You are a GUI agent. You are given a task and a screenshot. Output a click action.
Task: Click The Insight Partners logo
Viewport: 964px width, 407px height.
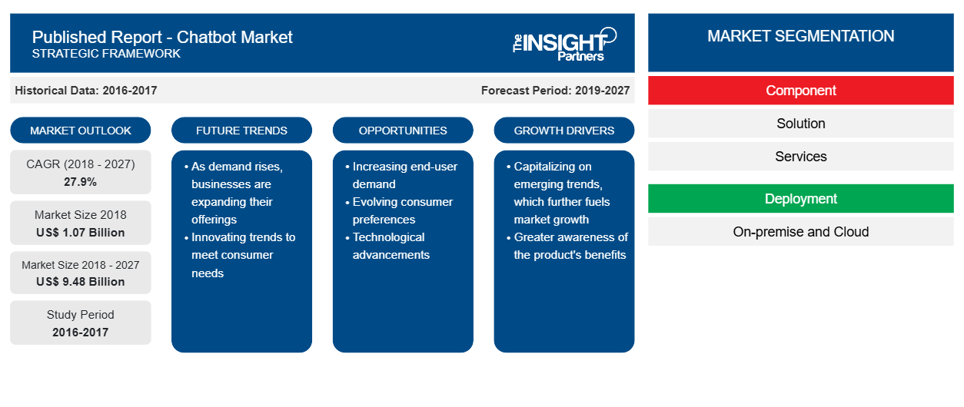pos(564,44)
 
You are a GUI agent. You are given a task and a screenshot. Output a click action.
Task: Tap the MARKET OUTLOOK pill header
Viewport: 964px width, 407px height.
pos(81,131)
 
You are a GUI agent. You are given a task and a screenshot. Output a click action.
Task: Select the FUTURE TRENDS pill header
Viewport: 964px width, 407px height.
pos(241,131)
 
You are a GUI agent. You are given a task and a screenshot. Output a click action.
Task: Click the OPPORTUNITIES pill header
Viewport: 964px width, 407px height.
pos(403,131)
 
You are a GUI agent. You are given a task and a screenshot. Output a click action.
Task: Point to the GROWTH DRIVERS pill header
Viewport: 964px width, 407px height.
pos(563,131)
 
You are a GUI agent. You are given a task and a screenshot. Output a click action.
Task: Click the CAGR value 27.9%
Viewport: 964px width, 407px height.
pos(81,182)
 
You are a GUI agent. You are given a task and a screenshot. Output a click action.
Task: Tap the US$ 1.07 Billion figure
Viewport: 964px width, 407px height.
pos(81,233)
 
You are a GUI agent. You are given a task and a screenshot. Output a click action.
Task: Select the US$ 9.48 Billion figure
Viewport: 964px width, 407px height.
pos(81,282)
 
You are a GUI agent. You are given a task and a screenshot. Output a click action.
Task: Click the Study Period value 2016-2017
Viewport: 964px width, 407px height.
pos(81,333)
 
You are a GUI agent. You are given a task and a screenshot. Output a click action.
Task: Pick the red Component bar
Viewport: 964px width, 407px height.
pos(800,91)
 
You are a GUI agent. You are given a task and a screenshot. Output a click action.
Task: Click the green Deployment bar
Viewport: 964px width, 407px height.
pos(800,199)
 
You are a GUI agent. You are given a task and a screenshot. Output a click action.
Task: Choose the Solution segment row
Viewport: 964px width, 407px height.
pos(800,124)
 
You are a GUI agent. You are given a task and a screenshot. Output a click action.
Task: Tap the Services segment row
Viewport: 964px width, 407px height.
pos(800,157)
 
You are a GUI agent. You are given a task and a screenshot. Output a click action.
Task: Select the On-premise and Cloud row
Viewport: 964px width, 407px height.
pos(800,232)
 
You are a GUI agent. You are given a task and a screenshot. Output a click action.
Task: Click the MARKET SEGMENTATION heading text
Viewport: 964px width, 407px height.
pos(800,36)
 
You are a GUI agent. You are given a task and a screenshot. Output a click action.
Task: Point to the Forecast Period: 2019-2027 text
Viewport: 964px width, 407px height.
pos(555,91)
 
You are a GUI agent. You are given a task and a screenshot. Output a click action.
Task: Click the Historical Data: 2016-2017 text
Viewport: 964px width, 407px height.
pos(86,91)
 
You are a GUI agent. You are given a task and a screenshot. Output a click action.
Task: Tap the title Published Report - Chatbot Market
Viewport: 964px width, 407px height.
pos(162,38)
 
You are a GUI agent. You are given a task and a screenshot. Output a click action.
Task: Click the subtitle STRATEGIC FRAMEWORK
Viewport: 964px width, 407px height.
pos(106,54)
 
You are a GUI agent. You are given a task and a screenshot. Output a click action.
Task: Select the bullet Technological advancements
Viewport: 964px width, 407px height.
pos(387,246)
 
